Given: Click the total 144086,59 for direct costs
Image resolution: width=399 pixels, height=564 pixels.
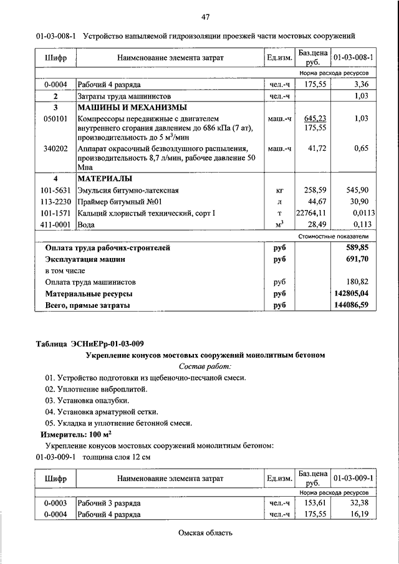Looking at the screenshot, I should [x=352, y=305].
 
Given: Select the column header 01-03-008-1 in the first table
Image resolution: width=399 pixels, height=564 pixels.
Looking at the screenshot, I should [x=353, y=57].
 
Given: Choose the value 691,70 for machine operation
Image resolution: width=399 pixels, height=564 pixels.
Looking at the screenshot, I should [x=357, y=258].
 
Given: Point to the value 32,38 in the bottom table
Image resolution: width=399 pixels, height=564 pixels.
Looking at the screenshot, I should [x=362, y=502].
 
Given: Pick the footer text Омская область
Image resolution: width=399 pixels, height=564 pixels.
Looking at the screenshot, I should [x=205, y=533].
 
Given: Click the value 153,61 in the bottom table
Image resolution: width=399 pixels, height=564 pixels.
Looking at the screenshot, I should [x=315, y=502].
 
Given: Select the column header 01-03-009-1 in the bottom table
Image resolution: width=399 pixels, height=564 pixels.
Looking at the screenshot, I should [x=353, y=478].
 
